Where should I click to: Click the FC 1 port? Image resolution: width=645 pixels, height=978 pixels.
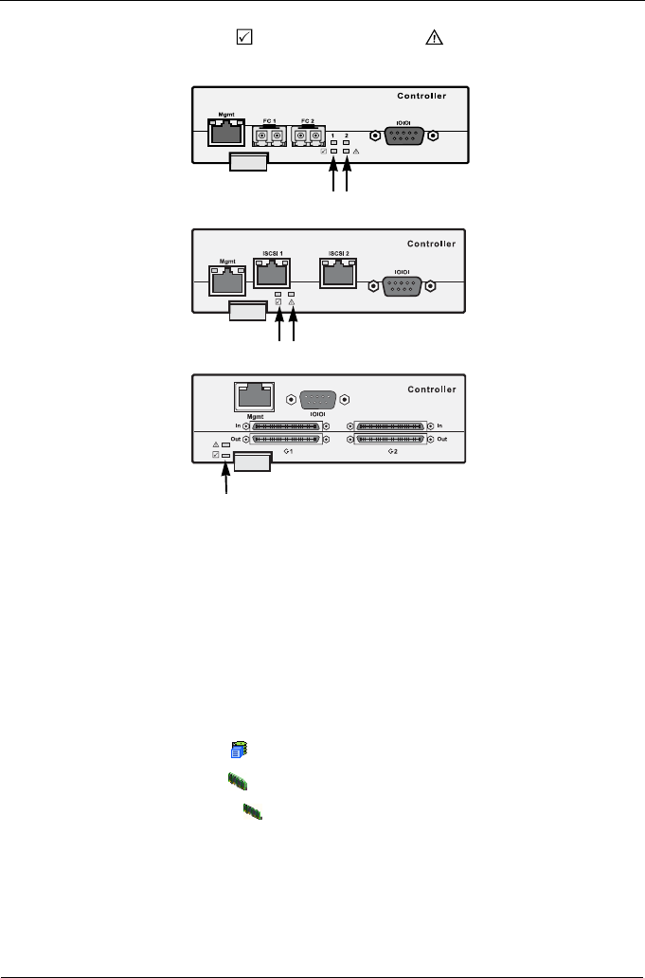269,136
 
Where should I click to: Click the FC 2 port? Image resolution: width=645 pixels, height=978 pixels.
308,136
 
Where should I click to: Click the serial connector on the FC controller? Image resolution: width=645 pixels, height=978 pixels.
404,136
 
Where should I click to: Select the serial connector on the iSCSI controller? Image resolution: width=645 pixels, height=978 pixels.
402,284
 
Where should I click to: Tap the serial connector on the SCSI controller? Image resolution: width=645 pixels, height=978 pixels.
317,399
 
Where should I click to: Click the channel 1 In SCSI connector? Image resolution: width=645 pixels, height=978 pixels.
286,427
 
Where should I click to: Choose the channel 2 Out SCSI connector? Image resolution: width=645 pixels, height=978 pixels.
388,440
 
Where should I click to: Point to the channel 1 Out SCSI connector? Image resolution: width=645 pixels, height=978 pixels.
286,440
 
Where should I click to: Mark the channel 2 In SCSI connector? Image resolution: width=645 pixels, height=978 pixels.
388,427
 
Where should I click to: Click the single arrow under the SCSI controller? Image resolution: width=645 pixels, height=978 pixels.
225,479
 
